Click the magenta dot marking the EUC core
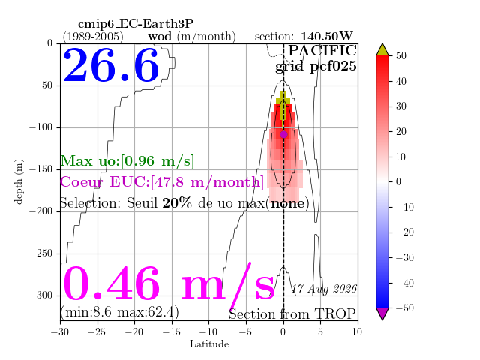[x=283, y=134]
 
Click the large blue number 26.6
[x=111, y=65]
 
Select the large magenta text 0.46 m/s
[x=169, y=283]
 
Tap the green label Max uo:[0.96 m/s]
[x=127, y=161]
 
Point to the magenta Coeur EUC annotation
[x=162, y=181]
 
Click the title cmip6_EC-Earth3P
[x=136, y=23]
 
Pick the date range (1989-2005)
[x=93, y=37]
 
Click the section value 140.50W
[x=327, y=37]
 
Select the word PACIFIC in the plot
[x=322, y=50]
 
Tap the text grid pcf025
[x=316, y=66]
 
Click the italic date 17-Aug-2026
[x=324, y=289]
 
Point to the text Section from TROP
[x=292, y=314]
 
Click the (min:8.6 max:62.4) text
[x=119, y=312]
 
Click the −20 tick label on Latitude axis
[x=134, y=331]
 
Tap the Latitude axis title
[x=209, y=344]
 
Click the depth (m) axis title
[x=18, y=181]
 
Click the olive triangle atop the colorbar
[x=382, y=50]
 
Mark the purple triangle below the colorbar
[x=382, y=313]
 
